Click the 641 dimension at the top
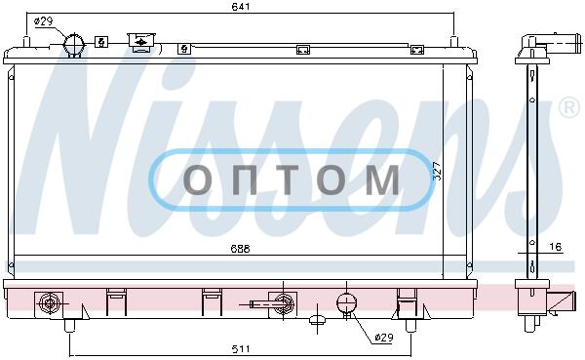click(241, 7)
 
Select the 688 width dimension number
click(240, 249)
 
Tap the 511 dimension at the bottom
click(241, 349)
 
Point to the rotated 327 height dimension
click(437, 172)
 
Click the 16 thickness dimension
click(556, 247)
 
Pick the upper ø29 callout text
click(43, 21)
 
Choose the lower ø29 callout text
click(383, 338)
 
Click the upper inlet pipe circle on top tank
click(74, 45)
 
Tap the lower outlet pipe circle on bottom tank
click(346, 302)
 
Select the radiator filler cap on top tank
click(140, 40)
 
